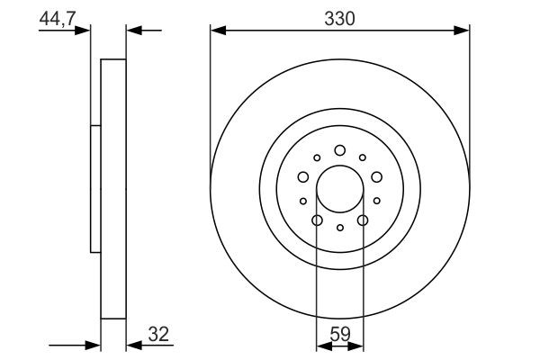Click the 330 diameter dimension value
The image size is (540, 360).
[339, 18]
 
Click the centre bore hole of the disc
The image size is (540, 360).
[340, 189]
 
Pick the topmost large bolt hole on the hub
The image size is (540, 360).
[340, 150]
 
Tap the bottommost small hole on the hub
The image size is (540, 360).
[340, 228]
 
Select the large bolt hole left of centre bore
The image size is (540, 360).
[303, 177]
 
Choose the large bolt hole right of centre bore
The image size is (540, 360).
[377, 177]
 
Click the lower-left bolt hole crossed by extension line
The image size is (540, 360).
[317, 220]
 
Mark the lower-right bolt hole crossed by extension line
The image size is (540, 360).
[364, 220]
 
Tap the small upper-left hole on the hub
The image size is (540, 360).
[317, 157]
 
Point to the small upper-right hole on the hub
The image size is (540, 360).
[363, 157]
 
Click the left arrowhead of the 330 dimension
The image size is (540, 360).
[216, 31]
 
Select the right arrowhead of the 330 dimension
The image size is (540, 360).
[464, 31]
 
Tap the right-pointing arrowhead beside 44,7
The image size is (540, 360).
[85, 31]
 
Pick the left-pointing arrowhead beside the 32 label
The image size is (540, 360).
[131, 344]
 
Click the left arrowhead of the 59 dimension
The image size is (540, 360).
[322, 344]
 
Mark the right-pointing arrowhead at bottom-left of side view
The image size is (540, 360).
[94, 344]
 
